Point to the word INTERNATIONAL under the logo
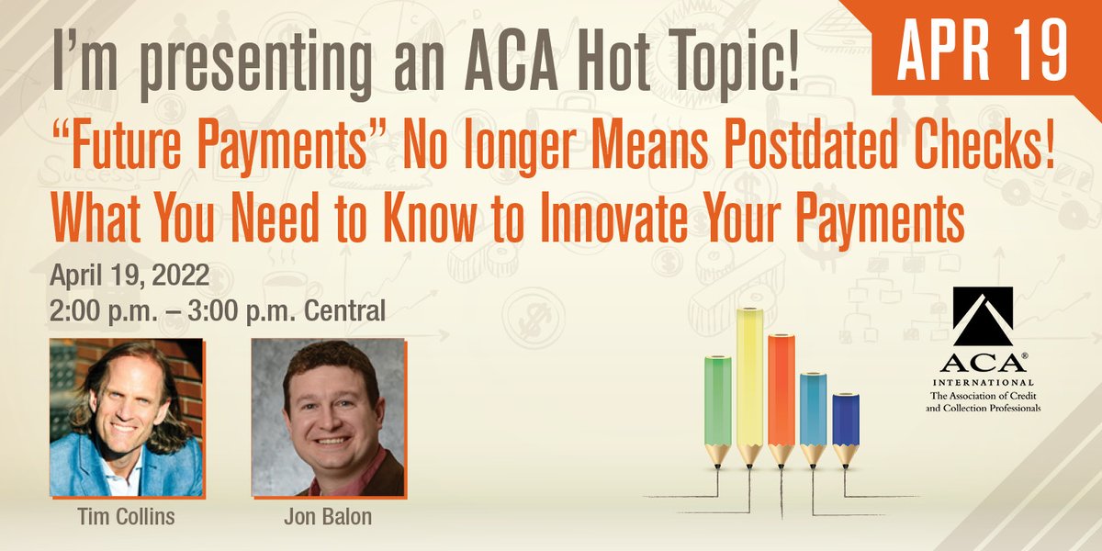coord(982,381)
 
